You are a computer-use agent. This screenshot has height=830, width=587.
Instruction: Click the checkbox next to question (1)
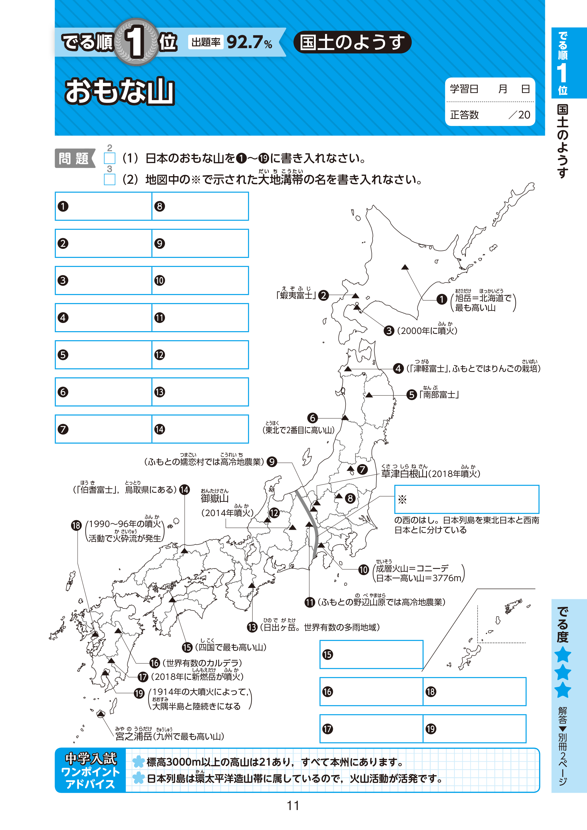point(110,158)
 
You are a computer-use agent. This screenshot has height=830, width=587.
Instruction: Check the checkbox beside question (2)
point(110,179)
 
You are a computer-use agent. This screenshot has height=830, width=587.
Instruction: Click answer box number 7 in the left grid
point(103,429)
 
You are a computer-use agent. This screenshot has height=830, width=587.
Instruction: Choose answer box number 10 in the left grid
point(200,280)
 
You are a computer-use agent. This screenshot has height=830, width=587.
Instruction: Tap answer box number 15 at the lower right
point(371,654)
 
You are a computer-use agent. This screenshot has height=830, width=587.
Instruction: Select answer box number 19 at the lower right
point(474,729)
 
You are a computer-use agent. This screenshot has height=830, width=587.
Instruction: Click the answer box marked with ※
point(467,499)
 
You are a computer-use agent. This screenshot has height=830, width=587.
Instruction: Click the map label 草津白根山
point(404,474)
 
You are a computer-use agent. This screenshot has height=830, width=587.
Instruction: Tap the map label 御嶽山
point(215,498)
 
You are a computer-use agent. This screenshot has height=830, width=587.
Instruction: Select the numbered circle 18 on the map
point(76,525)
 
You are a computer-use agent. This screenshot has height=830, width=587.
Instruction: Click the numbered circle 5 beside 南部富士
point(412,395)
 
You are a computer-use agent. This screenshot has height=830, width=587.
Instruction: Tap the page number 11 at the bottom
point(293,805)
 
